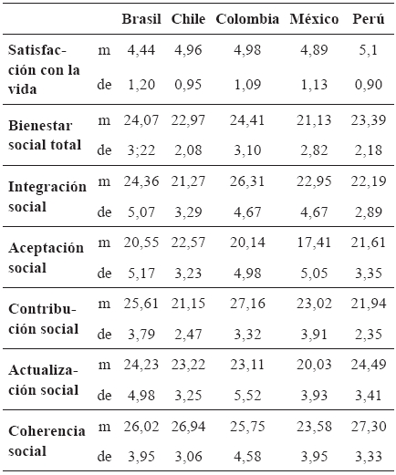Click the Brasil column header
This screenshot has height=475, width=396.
(141, 19)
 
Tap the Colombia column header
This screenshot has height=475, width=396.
(247, 19)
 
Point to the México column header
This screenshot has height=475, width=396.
(314, 19)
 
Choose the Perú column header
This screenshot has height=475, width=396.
(368, 19)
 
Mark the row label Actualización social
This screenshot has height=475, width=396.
(45, 380)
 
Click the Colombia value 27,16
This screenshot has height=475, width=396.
(247, 305)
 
